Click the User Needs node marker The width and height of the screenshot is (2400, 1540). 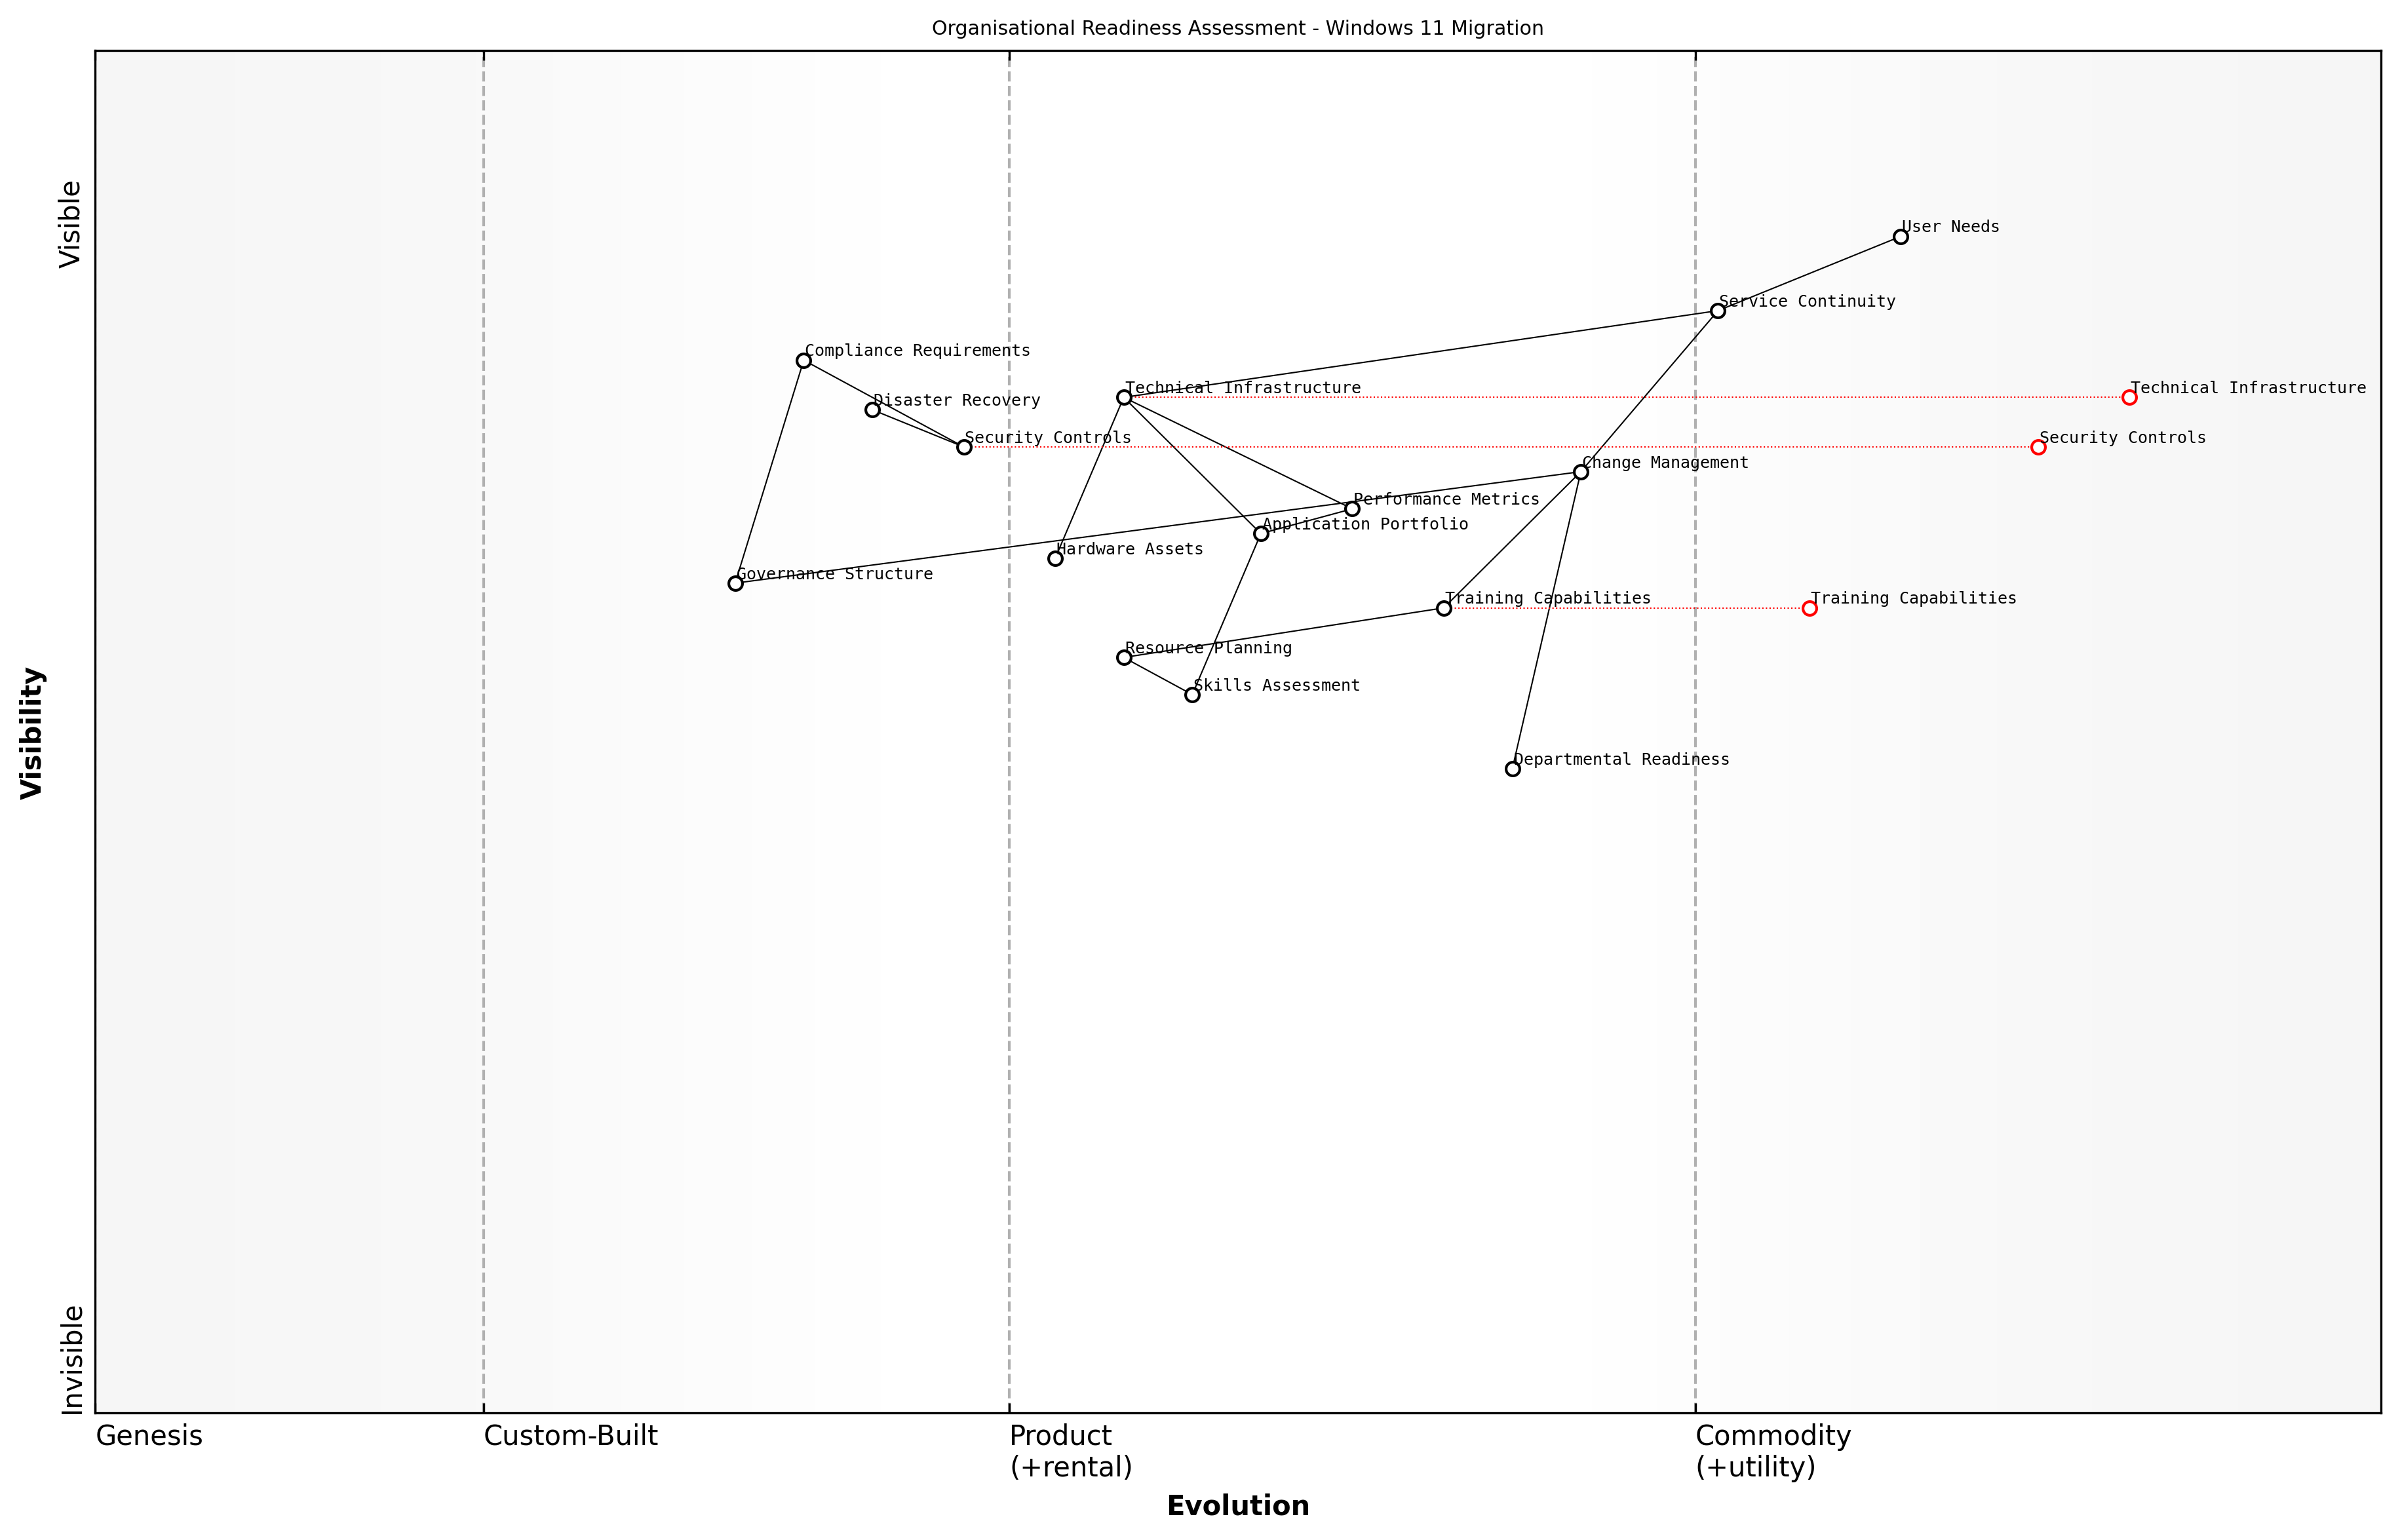(1900, 237)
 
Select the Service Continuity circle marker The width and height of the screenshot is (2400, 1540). (1717, 311)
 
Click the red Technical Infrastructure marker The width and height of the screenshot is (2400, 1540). (2129, 398)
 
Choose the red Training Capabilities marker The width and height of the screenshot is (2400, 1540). (1809, 608)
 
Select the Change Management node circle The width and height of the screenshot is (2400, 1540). (1580, 472)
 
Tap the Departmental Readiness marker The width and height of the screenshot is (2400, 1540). (1512, 769)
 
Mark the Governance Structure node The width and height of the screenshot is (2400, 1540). (735, 583)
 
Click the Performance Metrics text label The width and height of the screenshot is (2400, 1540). (1446, 499)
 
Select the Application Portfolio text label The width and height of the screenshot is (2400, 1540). (1365, 524)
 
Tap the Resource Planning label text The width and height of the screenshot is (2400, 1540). (1208, 648)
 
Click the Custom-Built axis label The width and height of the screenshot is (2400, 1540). (570, 1436)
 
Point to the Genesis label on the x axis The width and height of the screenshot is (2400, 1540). (149, 1436)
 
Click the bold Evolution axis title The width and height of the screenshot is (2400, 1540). (1237, 1506)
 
